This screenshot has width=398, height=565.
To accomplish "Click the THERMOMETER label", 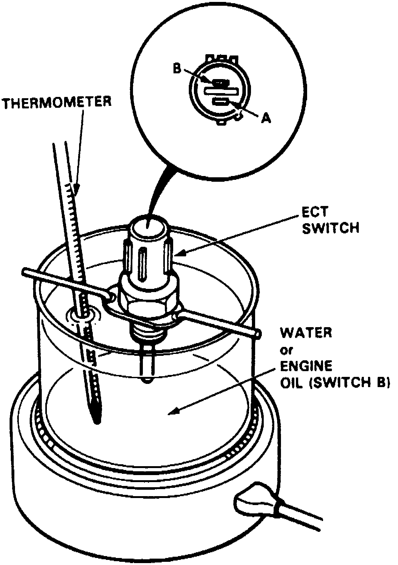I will point(57,103).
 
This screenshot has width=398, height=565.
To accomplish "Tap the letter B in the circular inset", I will point(177,68).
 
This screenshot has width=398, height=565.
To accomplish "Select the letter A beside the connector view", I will point(266,119).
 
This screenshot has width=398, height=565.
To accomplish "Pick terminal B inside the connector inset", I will point(219,83).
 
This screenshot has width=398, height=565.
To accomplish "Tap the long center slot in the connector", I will point(221,92).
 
